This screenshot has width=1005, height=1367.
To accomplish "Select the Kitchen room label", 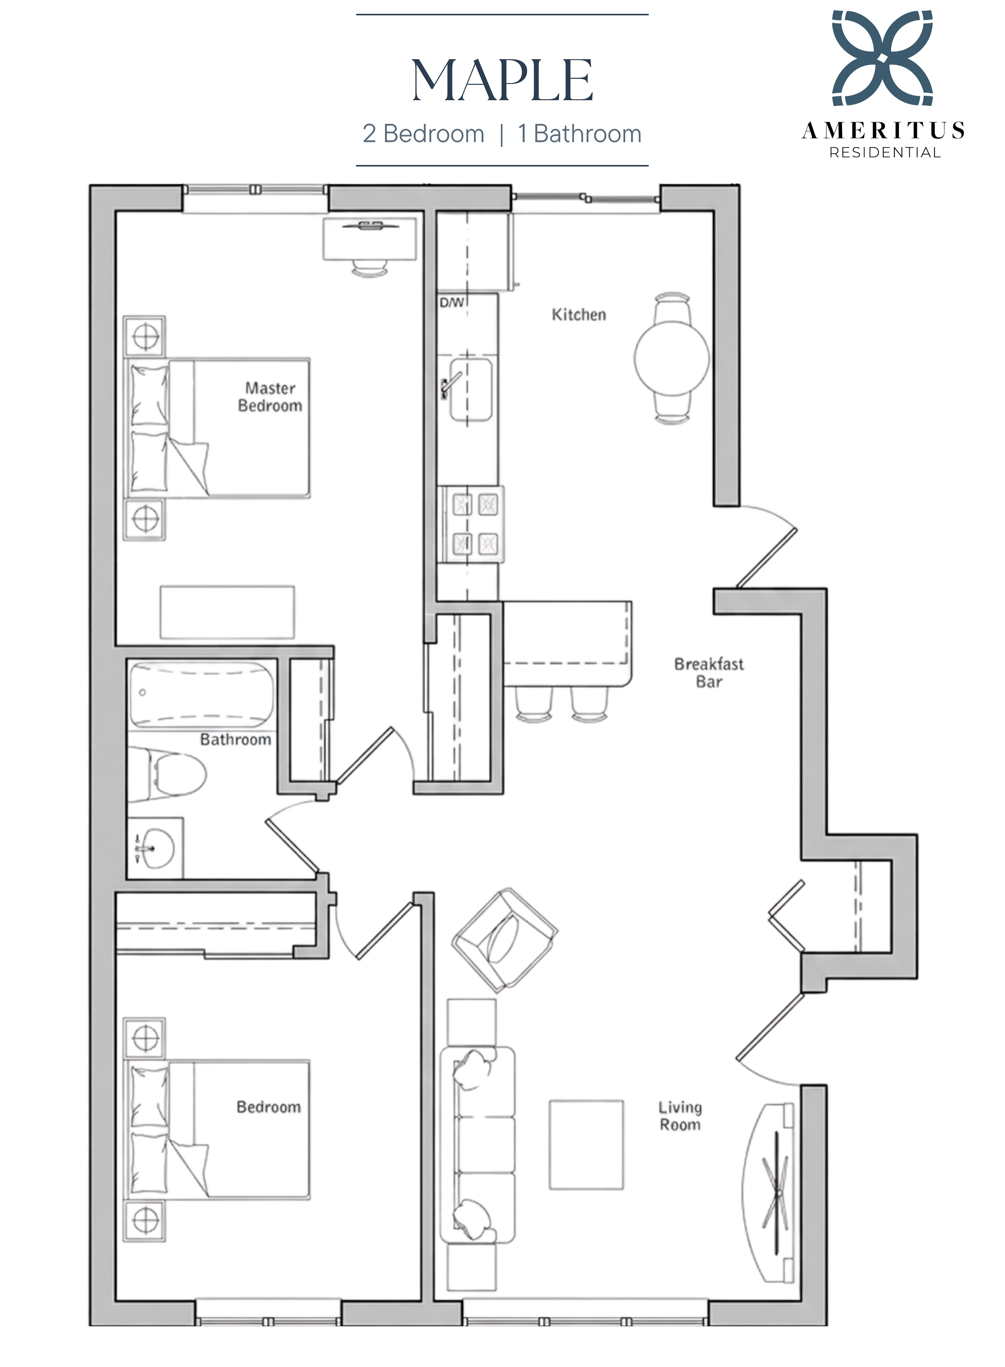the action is [x=579, y=315].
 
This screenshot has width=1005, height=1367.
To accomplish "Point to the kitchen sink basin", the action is [x=470, y=389].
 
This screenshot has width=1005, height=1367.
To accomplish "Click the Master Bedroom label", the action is [x=270, y=397].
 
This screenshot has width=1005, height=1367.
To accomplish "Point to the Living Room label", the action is [x=680, y=1116].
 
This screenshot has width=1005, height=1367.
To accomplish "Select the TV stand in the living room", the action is [x=768, y=1194].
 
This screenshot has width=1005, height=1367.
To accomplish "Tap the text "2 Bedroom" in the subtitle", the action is [x=423, y=134].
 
